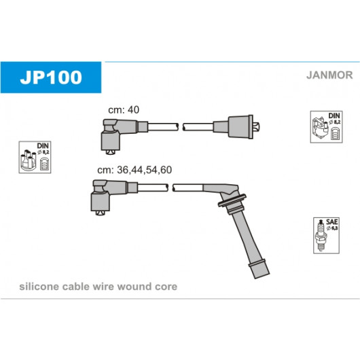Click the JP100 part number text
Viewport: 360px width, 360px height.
pos(51,77)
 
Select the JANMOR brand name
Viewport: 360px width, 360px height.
pos(329,75)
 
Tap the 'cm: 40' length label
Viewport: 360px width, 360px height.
pos(124,110)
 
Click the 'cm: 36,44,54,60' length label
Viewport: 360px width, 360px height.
pos(134,170)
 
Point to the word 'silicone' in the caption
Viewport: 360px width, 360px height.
pos(39,287)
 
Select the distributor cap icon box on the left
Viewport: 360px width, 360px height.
pos(35,158)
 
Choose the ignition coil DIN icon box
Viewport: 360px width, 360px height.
pos(326,127)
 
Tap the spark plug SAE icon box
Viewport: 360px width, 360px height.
pos(326,236)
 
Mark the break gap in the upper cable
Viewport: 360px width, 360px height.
pos(181,127)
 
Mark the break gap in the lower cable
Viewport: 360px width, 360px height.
pos(170,187)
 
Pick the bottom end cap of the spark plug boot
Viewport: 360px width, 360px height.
pos(259,269)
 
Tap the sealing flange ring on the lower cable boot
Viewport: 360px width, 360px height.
pos(232,200)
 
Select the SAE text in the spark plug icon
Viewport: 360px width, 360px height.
pos(332,222)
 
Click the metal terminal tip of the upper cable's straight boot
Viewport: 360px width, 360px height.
pos(256,127)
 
